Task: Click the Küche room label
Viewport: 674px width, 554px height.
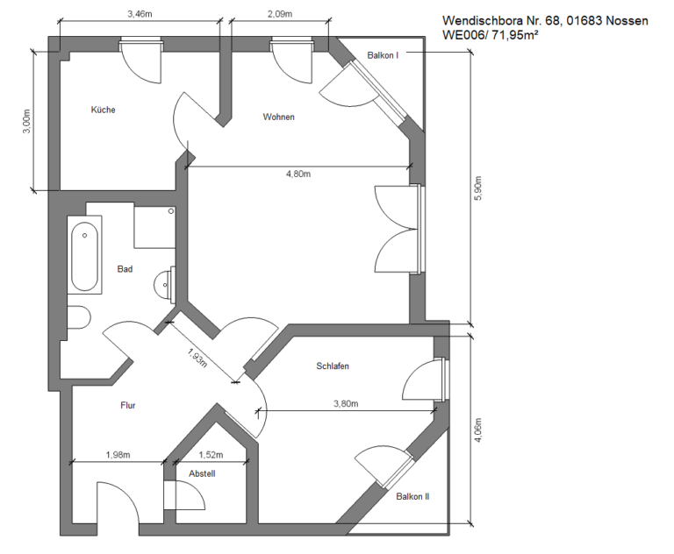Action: tap(104, 110)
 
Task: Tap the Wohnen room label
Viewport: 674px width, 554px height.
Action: tap(278, 117)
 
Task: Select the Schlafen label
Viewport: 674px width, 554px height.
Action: tap(333, 366)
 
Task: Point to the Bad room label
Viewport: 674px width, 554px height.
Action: tap(125, 269)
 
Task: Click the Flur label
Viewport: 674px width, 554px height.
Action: tap(127, 405)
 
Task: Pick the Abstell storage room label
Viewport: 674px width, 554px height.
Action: tap(202, 473)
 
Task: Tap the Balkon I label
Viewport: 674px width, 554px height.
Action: tap(383, 55)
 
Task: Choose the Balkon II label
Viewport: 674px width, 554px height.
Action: tap(412, 496)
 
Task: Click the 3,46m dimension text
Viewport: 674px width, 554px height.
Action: tap(140, 14)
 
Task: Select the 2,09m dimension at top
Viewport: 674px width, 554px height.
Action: tap(280, 14)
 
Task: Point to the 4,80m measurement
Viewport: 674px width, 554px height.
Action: tap(298, 174)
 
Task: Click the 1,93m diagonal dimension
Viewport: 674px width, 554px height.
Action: tap(197, 358)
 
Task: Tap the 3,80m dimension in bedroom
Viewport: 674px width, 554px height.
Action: tap(346, 404)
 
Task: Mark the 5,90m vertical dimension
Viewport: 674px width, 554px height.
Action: tap(479, 188)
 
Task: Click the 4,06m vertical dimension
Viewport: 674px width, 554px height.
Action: tap(479, 430)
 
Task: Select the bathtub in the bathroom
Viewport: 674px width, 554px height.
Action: tap(84, 256)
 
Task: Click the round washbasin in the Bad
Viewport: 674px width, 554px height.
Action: tap(163, 284)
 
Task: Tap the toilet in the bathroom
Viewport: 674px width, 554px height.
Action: tap(79, 317)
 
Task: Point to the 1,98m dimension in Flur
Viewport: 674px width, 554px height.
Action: tap(118, 454)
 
